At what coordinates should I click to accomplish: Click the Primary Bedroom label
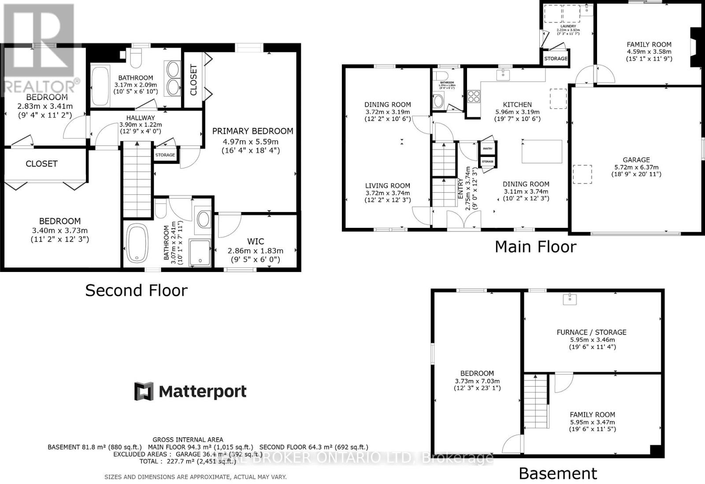pyautogui.click(x=252, y=131)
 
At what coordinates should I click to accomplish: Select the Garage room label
pyautogui.click(x=636, y=160)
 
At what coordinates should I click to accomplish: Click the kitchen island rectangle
pyautogui.click(x=542, y=151)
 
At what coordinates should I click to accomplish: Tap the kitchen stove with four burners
pyautogui.click(x=474, y=96)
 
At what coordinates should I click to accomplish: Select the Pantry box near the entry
pyautogui.click(x=487, y=149)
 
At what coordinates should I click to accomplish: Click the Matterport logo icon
pyautogui.click(x=144, y=391)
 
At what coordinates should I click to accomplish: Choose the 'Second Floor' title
pyautogui.click(x=136, y=290)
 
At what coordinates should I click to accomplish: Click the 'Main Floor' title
pyautogui.click(x=535, y=247)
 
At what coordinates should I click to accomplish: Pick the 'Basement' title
pyautogui.click(x=558, y=474)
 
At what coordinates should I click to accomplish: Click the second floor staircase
pyautogui.click(x=137, y=179)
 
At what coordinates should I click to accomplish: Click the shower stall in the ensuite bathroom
pyautogui.click(x=200, y=253)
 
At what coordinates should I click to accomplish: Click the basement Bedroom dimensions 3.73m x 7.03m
pyautogui.click(x=477, y=381)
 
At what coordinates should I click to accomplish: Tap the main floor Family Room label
pyautogui.click(x=649, y=45)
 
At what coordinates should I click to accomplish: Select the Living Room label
pyautogui.click(x=388, y=186)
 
